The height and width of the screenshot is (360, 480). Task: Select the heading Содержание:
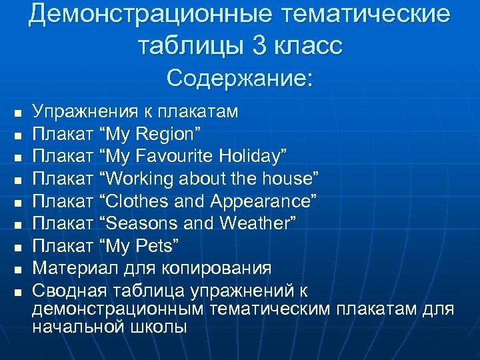click(239, 78)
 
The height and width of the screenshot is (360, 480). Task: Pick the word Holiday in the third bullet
click(250, 156)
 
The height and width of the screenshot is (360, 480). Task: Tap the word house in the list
click(290, 179)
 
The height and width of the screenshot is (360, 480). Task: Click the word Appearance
click(263, 201)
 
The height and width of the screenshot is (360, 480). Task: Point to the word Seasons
click(141, 223)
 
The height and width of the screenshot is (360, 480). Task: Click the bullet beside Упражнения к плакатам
click(18, 113)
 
